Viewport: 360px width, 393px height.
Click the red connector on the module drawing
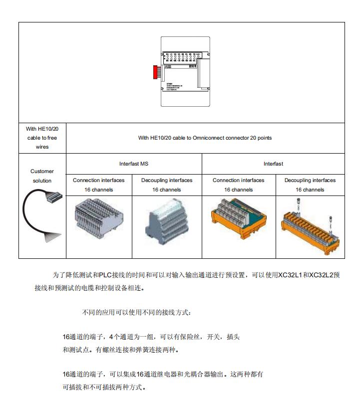point(155,71)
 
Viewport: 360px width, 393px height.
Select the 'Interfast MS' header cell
point(134,164)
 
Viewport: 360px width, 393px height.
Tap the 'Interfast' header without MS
point(273,164)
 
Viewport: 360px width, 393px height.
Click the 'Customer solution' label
point(42,176)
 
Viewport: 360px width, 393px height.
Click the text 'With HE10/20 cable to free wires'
point(42,138)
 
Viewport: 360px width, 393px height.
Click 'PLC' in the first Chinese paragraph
point(106,275)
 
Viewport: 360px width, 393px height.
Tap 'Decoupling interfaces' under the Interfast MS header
point(167,180)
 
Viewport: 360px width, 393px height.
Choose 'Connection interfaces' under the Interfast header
point(239,180)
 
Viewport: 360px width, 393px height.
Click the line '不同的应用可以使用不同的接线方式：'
point(136,313)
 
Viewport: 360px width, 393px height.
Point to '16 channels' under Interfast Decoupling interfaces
point(310,190)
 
